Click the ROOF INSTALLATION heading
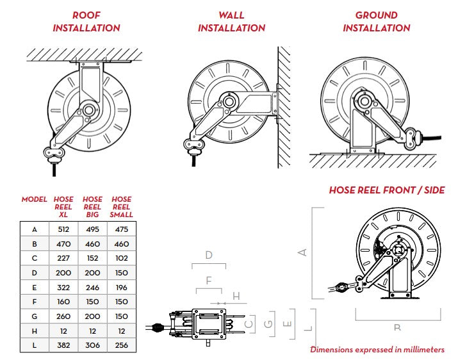click(x=86, y=21)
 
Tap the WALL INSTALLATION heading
click(x=231, y=21)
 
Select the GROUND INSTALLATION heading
click(x=376, y=21)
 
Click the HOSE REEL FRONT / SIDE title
click(x=386, y=190)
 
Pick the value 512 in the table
click(x=63, y=229)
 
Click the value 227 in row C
click(x=63, y=258)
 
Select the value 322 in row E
click(x=63, y=287)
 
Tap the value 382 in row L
click(x=63, y=345)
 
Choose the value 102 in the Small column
click(x=121, y=258)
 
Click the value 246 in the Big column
click(x=92, y=287)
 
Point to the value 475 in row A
click(x=121, y=229)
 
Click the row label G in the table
click(x=34, y=316)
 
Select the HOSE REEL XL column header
click(x=63, y=207)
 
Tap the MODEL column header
click(x=34, y=200)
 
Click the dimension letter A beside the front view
click(x=304, y=252)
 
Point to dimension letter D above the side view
click(x=209, y=255)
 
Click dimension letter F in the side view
click(x=209, y=281)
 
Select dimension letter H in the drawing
click(x=236, y=296)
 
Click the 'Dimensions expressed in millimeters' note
click(x=377, y=350)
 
